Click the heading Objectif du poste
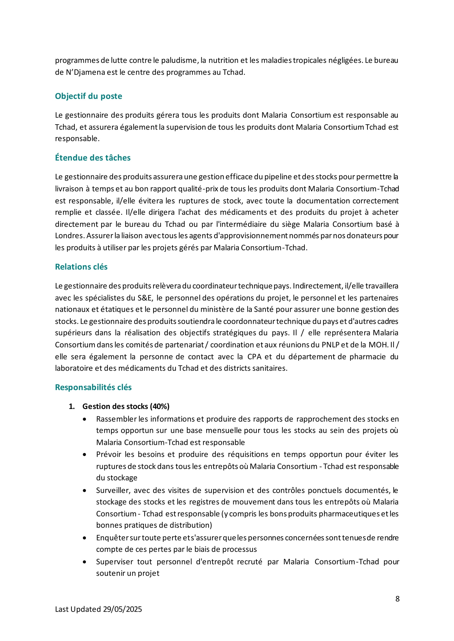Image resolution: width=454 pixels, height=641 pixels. pos(88,96)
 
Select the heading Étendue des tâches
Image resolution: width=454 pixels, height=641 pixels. pos(92,158)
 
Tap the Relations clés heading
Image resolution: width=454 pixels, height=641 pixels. pos(81,267)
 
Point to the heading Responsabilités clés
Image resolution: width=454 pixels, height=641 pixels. pos(93,388)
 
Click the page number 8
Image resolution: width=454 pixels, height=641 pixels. pos(397,599)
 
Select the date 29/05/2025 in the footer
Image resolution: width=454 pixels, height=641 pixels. pos(122,609)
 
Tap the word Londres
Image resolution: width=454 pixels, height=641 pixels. pos(70,236)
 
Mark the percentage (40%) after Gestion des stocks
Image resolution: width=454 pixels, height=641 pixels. pos(160,407)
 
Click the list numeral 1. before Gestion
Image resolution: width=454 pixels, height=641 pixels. pos(72,407)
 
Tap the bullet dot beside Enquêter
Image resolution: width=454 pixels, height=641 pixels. pos(84,538)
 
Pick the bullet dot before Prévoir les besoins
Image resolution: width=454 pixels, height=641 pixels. pos(84,455)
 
